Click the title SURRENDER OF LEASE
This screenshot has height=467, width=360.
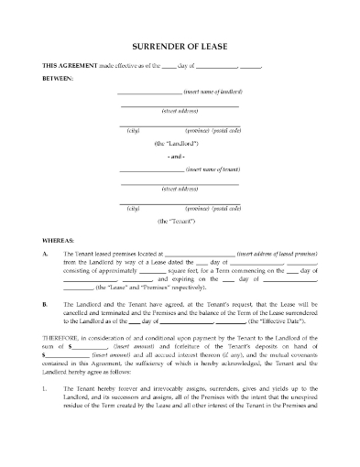point(180,44)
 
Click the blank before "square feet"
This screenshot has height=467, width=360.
point(154,272)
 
